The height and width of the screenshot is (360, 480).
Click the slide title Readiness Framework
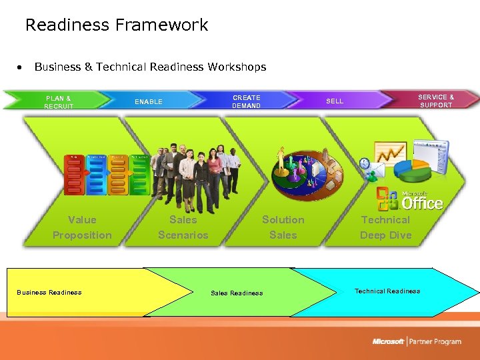point(117,25)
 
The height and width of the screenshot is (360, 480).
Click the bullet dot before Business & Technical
point(22,67)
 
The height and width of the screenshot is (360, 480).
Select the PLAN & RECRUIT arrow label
point(59,102)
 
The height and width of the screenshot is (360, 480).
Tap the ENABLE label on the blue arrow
point(149,102)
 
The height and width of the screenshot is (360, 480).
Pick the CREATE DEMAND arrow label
point(247,101)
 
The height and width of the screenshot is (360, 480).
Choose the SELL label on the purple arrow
point(335,101)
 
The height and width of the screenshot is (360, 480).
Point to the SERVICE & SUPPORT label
point(436,101)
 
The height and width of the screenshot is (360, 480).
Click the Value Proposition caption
point(82,227)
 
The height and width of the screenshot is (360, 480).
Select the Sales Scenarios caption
point(183,227)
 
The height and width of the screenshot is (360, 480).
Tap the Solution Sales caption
point(283,227)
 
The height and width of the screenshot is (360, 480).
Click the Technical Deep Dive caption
point(385,227)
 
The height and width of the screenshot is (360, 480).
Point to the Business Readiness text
point(49,293)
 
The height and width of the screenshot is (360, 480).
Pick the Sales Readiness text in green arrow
point(237,293)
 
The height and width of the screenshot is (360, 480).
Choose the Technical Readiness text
point(387,291)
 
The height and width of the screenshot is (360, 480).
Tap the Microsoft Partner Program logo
point(417,341)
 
